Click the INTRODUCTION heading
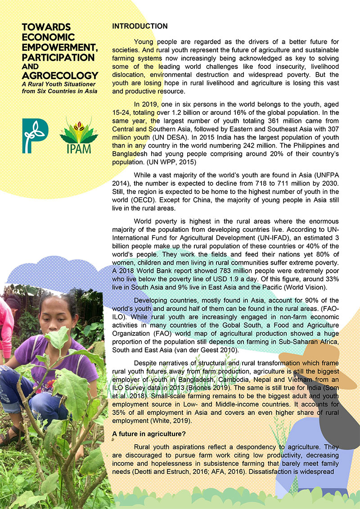[x=139, y=26]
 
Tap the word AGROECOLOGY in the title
[x=60, y=75]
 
